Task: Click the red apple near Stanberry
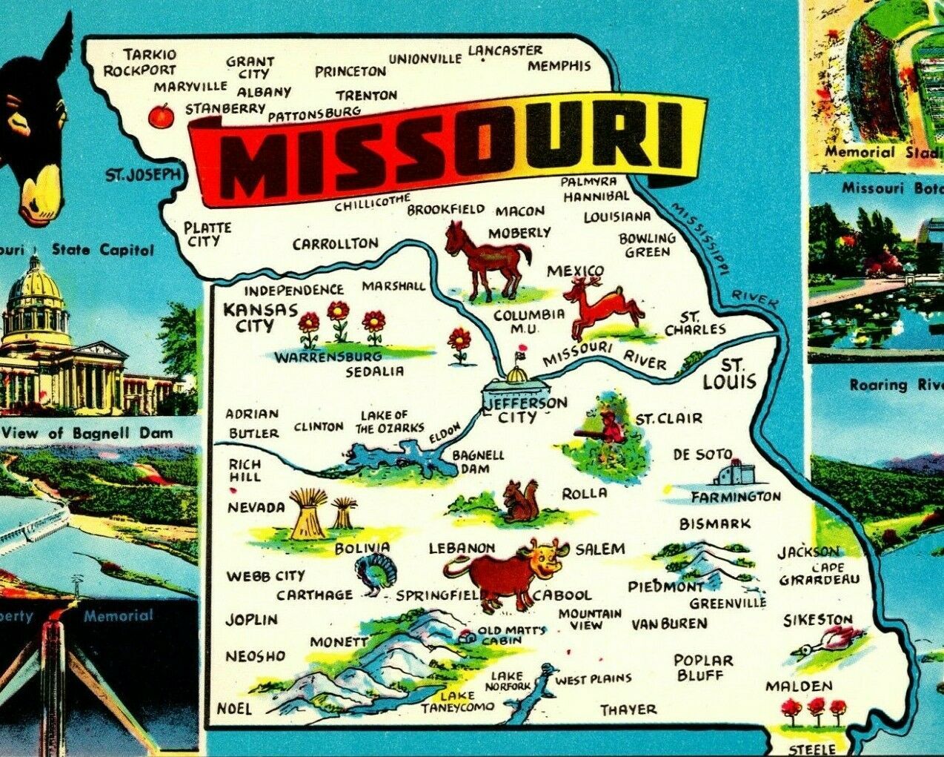[x=159, y=116]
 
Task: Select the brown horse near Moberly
[x=487, y=259]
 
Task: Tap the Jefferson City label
[x=523, y=409]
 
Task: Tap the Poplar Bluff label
[x=703, y=667]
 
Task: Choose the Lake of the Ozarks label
[x=390, y=421]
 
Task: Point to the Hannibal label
[x=595, y=196]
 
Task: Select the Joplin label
[x=251, y=619]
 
